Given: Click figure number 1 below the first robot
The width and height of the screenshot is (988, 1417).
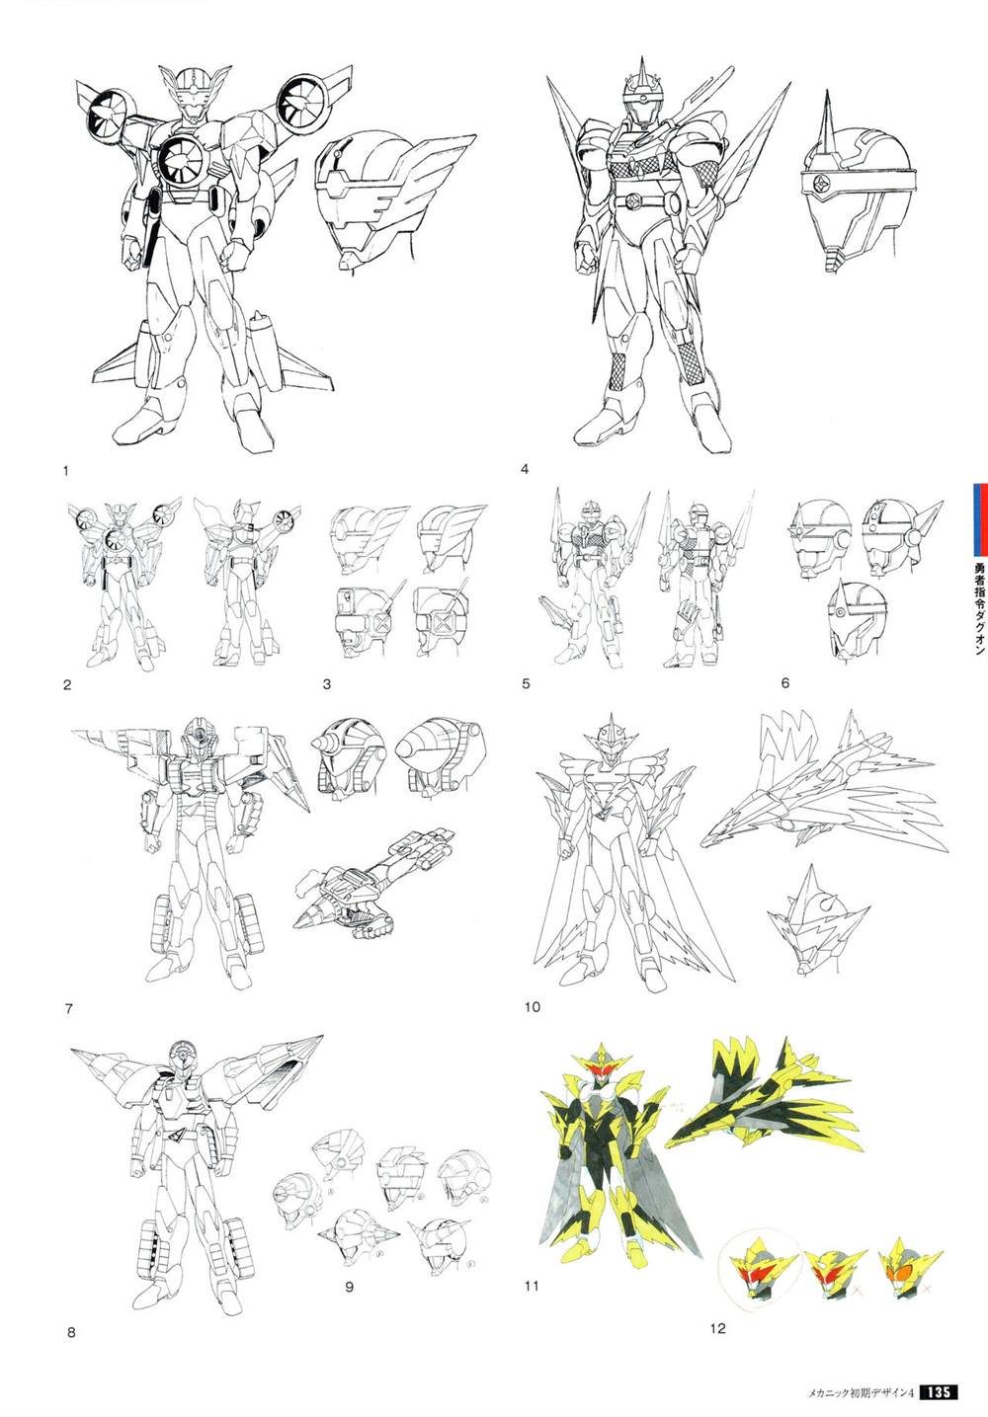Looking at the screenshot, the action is [x=66, y=470].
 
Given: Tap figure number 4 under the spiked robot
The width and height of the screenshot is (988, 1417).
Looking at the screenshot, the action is [x=525, y=469].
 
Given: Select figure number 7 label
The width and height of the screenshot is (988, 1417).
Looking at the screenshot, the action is [x=69, y=1008].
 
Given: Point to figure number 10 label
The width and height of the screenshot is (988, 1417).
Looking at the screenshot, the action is [x=533, y=1006].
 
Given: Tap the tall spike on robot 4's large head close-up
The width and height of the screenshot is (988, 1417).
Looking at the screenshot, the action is [x=827, y=124].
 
